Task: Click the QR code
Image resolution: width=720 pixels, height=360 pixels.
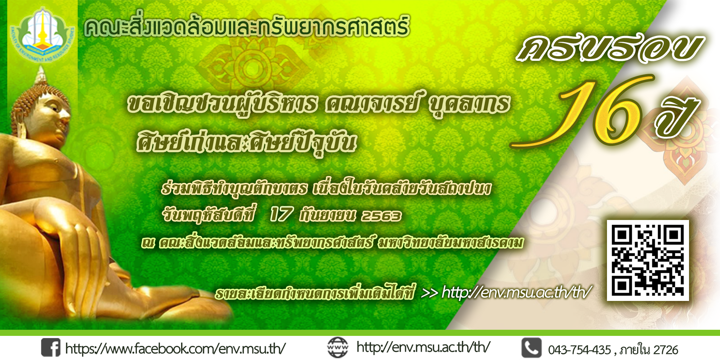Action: click(648, 260)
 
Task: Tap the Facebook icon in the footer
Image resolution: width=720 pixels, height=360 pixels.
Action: click(51, 347)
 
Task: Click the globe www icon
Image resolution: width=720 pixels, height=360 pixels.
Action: click(338, 347)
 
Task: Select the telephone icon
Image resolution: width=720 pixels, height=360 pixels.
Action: click(531, 348)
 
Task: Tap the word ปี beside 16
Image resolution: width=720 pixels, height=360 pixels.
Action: click(677, 115)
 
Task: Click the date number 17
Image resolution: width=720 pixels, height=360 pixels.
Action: click(281, 215)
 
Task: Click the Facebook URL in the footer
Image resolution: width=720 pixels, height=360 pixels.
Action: click(176, 348)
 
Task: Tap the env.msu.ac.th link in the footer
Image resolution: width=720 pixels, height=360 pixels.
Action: click(423, 347)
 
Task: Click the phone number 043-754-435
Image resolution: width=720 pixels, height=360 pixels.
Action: click(580, 350)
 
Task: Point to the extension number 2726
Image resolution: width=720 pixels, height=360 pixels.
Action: click(666, 350)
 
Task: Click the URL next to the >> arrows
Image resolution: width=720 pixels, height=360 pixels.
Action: click(517, 292)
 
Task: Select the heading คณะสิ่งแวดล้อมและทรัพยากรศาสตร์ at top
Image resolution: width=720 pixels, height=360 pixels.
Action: click(247, 27)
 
